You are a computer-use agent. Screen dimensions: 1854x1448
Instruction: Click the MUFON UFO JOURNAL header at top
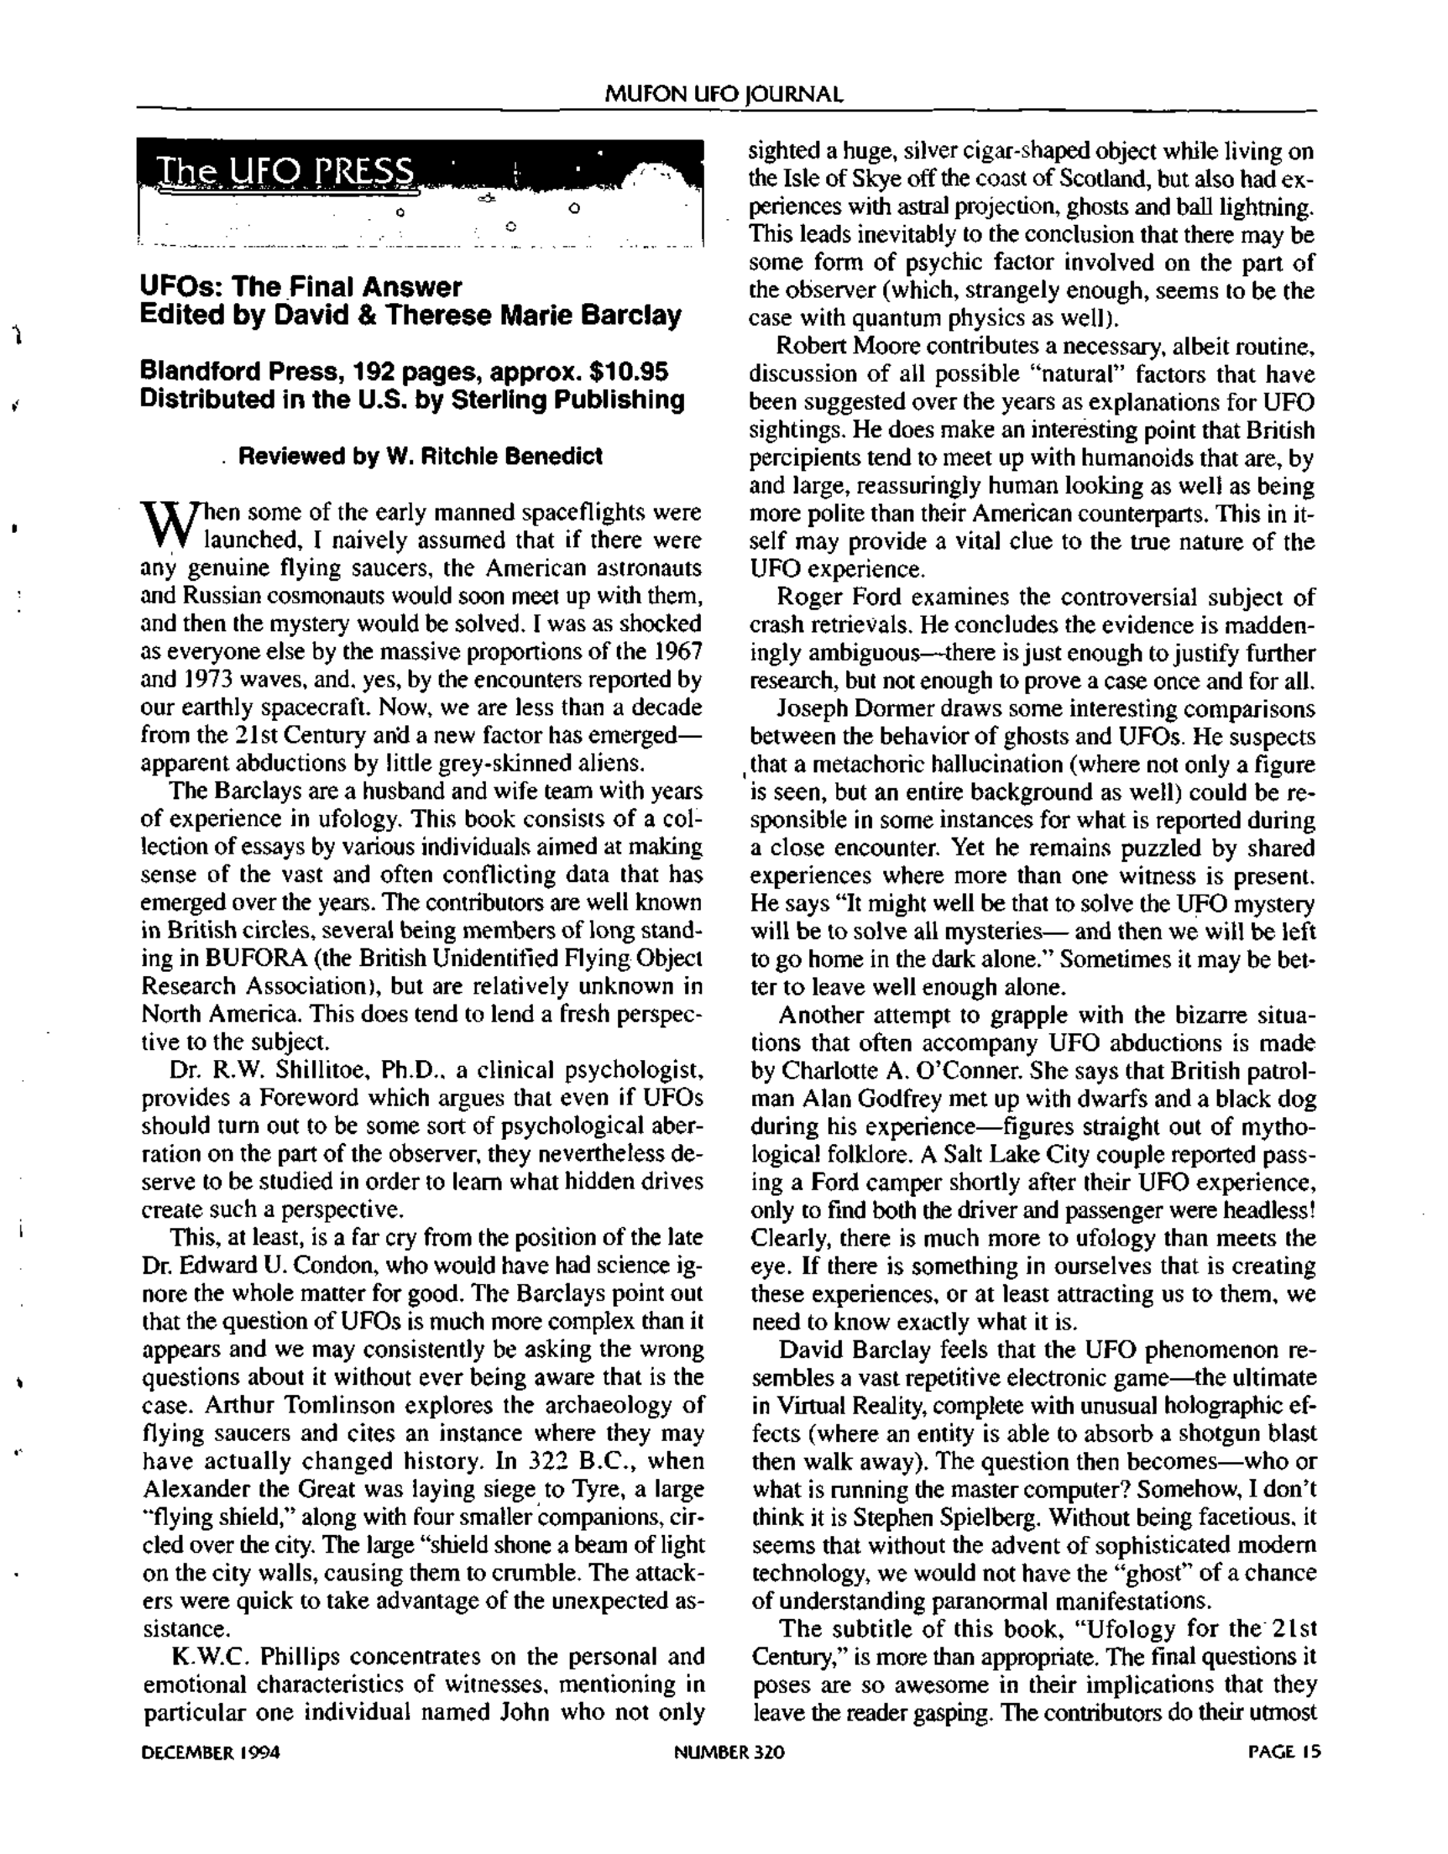tap(724, 94)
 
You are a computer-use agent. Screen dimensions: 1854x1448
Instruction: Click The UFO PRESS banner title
tap(286, 172)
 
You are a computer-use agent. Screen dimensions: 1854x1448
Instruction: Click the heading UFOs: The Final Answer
tap(301, 287)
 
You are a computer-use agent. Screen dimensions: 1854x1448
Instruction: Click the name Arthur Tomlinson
tap(300, 1405)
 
